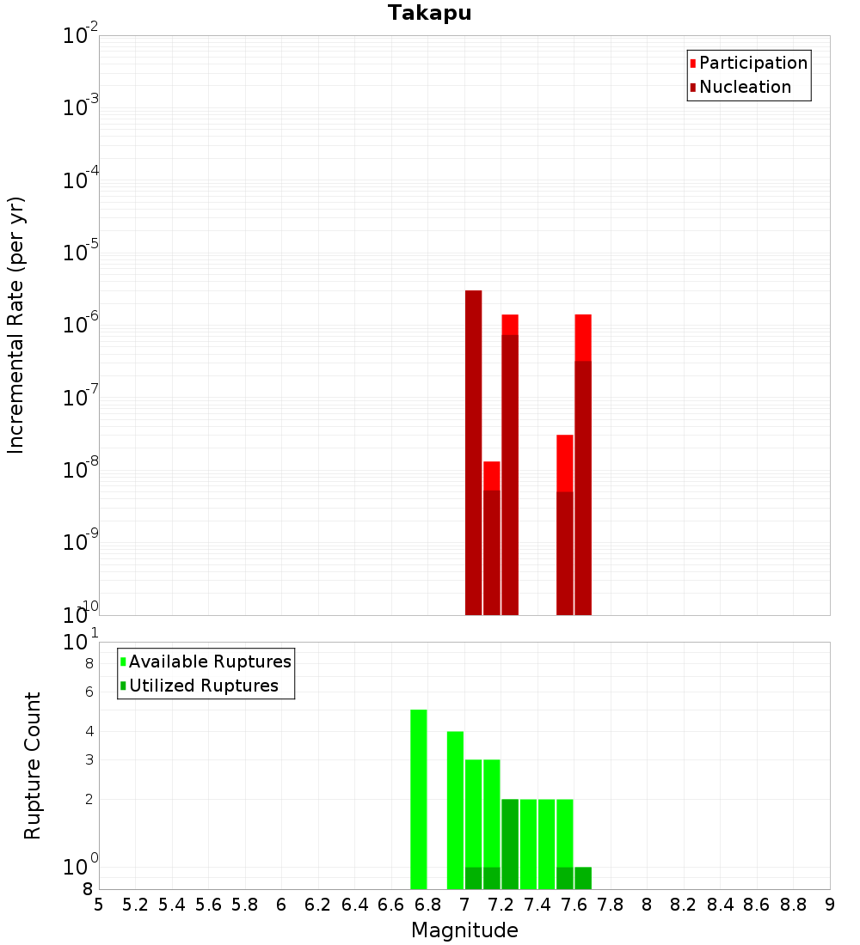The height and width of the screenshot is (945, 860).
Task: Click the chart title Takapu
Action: click(429, 13)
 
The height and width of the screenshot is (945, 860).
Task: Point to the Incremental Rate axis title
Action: click(16, 326)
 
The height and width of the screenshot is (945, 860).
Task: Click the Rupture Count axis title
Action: click(33, 765)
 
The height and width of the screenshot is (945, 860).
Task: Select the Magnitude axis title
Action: click(464, 930)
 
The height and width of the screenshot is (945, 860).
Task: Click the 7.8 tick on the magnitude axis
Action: click(611, 905)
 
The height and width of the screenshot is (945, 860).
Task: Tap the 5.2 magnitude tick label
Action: click(135, 905)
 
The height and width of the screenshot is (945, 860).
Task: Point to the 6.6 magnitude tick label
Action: click(391, 905)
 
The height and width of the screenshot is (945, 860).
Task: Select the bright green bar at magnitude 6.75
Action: click(418, 799)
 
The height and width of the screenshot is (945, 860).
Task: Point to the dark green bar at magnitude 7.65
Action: click(583, 878)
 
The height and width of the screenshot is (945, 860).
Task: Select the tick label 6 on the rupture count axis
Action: click(89, 692)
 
